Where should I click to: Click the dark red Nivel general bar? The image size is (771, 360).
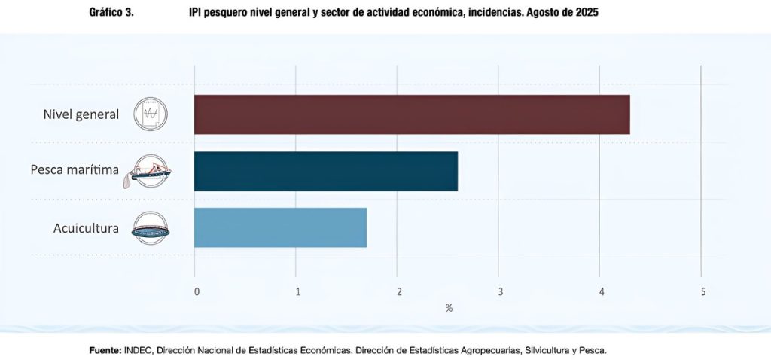411,114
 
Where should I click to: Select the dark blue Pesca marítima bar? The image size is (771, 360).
325,171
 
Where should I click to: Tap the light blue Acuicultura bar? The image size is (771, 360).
280,227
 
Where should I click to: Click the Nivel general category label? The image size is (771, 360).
81,114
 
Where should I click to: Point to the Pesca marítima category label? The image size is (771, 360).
75,170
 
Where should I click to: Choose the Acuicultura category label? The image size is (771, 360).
86,227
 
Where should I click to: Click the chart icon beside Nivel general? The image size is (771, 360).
151,114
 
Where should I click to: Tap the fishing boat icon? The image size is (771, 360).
151,171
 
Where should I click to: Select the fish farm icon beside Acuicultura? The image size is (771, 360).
151,227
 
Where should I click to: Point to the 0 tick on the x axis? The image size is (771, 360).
197,291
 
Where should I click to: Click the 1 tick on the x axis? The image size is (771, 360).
298,291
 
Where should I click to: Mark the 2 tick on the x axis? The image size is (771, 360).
399,291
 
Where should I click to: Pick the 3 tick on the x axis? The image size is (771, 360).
500,291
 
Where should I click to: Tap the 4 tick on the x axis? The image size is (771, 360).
601,291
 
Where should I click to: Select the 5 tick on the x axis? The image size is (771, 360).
702,291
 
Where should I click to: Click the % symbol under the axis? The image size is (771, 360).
449,308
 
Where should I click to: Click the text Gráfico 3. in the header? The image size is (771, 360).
111,13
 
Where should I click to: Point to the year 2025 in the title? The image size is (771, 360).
586,13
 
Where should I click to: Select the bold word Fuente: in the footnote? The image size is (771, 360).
104,350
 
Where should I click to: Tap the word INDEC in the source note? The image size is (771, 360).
138,350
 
